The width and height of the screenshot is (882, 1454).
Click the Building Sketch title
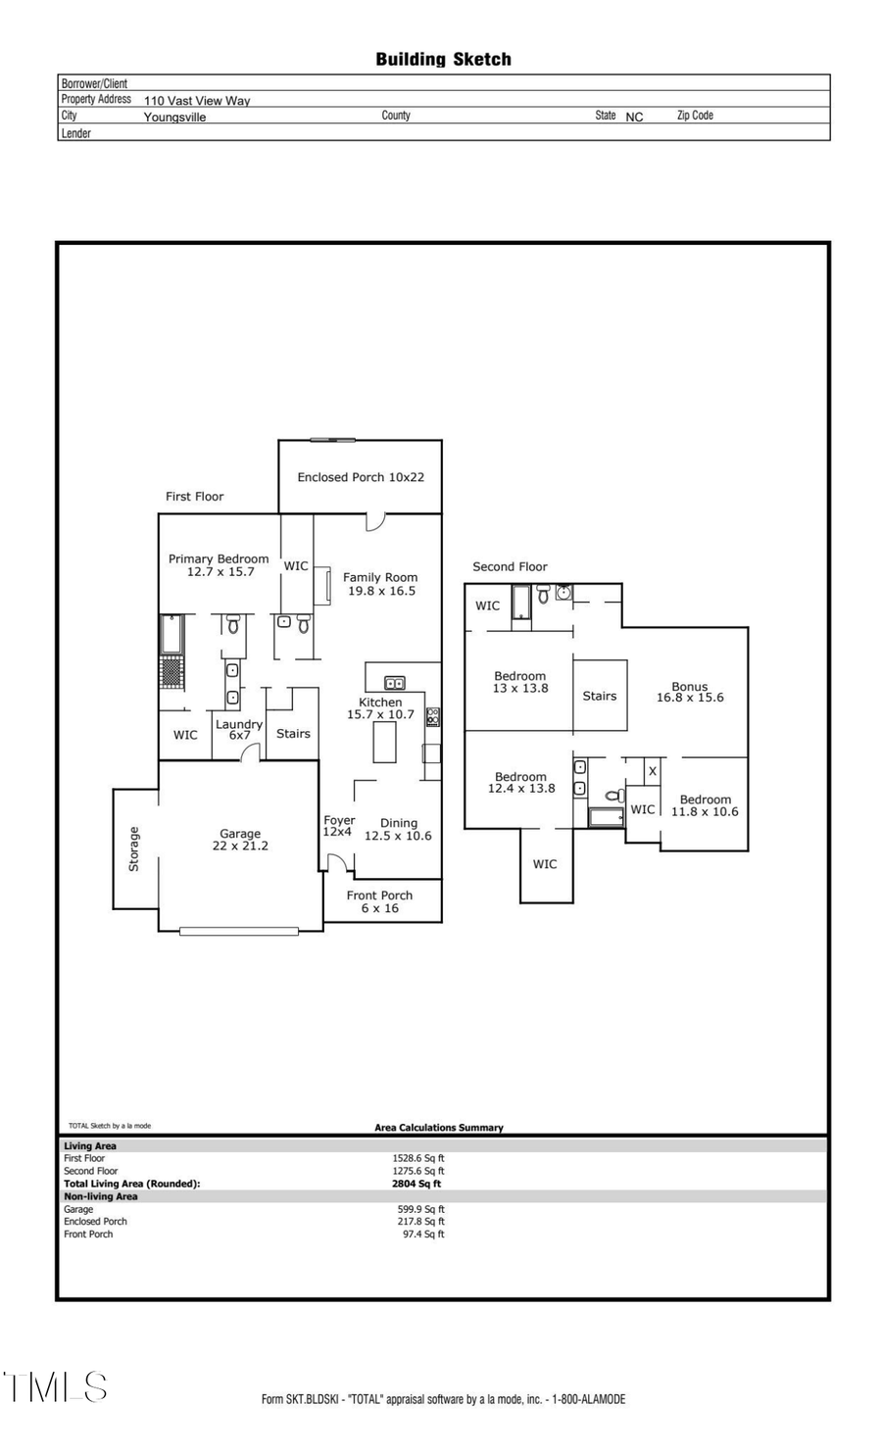(x=443, y=60)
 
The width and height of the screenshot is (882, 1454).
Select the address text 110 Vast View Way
(x=197, y=100)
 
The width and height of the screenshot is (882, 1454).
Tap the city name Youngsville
(x=174, y=117)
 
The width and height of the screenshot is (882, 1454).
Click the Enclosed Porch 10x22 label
(x=361, y=477)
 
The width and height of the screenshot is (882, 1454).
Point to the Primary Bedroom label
(x=219, y=565)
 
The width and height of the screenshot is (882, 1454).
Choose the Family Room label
(x=379, y=584)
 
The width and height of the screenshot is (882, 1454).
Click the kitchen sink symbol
(x=394, y=683)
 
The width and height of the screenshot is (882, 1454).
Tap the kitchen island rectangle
(x=384, y=744)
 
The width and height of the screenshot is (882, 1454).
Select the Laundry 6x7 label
(x=239, y=729)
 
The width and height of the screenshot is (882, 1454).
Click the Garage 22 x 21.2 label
(x=240, y=840)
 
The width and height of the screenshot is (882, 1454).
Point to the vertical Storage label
(x=134, y=848)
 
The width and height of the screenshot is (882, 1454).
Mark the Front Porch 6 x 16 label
(x=379, y=901)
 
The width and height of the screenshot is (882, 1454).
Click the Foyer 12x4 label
(x=338, y=826)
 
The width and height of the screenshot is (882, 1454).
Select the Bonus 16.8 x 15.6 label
(x=690, y=692)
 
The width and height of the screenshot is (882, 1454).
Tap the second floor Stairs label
(x=600, y=696)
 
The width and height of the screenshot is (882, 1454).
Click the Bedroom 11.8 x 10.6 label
(x=705, y=805)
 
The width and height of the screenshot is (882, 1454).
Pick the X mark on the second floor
(x=653, y=771)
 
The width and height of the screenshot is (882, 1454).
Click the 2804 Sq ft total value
(x=416, y=1184)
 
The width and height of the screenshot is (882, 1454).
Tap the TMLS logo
(x=55, y=1386)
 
